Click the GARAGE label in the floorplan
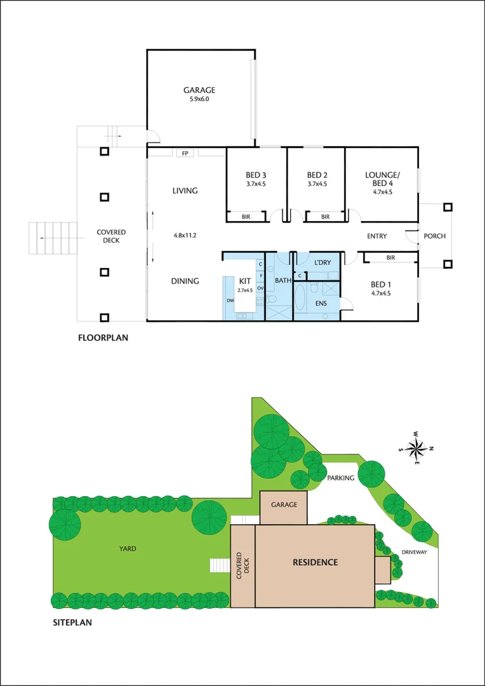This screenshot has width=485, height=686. (x=199, y=90)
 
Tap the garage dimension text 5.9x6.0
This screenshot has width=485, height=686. (x=199, y=99)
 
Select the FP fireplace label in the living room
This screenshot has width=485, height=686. (x=185, y=153)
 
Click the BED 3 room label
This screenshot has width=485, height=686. (x=256, y=175)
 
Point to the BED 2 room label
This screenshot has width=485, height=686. (x=316, y=175)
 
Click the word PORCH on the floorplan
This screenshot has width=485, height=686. (x=435, y=236)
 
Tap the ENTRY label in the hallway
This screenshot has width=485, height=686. (x=377, y=236)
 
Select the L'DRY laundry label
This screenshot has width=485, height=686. (x=322, y=262)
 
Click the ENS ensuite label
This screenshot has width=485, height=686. (x=321, y=304)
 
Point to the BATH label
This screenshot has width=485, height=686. (x=282, y=280)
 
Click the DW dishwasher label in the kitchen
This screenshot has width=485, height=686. (x=229, y=301)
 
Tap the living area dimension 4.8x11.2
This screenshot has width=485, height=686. (x=185, y=235)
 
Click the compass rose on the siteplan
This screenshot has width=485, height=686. (x=416, y=449)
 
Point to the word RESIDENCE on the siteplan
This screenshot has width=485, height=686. (x=315, y=562)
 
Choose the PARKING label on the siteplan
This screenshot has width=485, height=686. (x=340, y=478)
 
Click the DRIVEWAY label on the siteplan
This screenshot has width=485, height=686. (x=414, y=552)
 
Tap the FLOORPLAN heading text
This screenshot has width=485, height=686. (x=103, y=338)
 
